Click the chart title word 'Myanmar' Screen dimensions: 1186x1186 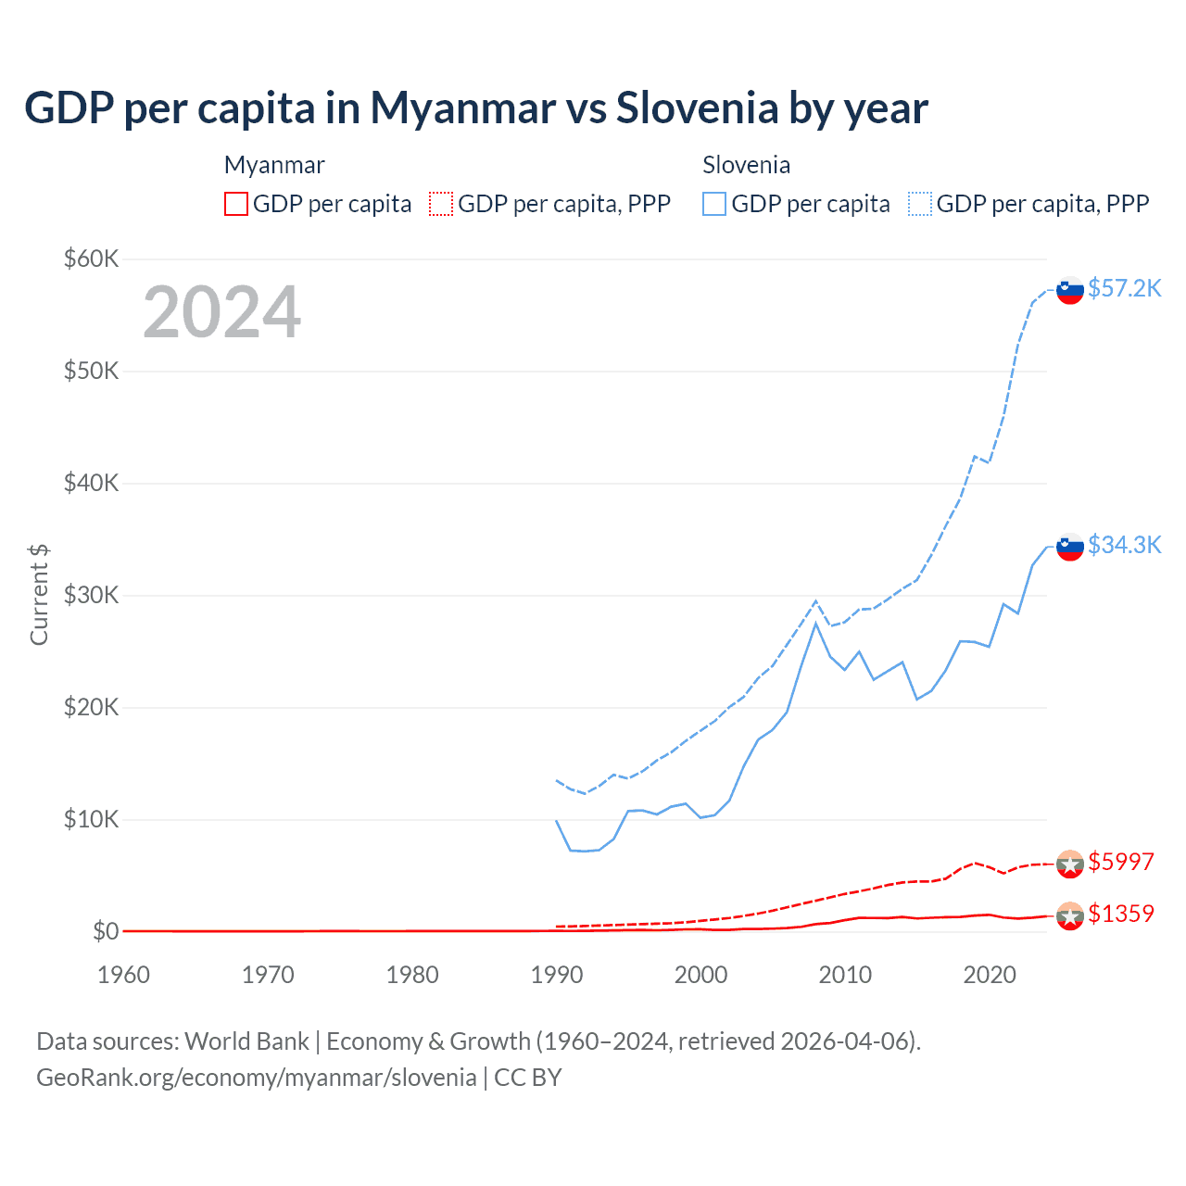pos(462,108)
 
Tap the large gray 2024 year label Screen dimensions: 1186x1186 pos(221,312)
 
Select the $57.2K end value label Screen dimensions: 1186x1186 pos(1124,289)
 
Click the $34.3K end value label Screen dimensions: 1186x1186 pos(1124,545)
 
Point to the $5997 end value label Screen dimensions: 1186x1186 pos(1120,862)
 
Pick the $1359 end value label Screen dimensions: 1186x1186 pos(1120,914)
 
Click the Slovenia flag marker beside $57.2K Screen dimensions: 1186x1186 pos(1070,290)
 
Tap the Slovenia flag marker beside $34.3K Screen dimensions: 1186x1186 pos(1070,547)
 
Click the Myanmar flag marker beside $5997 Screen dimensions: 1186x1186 pos(1070,864)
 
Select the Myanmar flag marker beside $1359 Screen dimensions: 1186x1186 pos(1070,915)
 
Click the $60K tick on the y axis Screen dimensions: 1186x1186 pos(91,259)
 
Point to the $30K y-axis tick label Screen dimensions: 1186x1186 pos(91,595)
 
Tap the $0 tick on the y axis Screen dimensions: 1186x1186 pos(106,931)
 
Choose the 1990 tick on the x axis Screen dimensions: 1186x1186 pos(557,975)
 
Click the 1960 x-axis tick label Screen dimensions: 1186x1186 pos(123,975)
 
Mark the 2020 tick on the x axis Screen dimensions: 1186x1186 pos(990,975)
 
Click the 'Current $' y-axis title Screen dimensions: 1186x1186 pos(39,595)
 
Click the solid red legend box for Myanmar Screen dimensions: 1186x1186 pos(236,204)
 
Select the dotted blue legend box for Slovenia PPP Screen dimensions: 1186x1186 pos(920,204)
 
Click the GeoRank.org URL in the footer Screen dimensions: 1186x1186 pos(256,1078)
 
